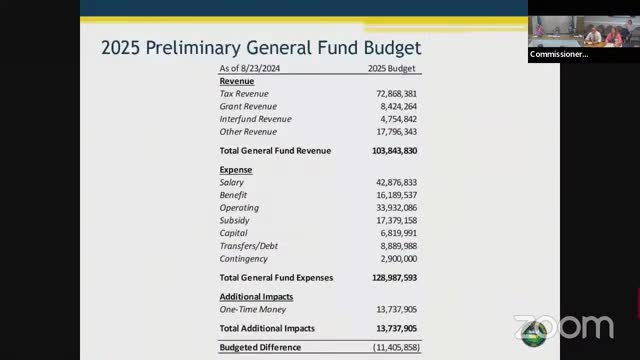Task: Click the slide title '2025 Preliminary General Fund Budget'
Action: click(x=261, y=47)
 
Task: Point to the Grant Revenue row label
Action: click(x=248, y=106)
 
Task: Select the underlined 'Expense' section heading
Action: click(x=236, y=170)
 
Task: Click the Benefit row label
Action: click(x=233, y=195)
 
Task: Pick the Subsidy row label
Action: click(x=235, y=220)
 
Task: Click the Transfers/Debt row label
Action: click(x=249, y=246)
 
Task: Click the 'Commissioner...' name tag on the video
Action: click(x=559, y=54)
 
